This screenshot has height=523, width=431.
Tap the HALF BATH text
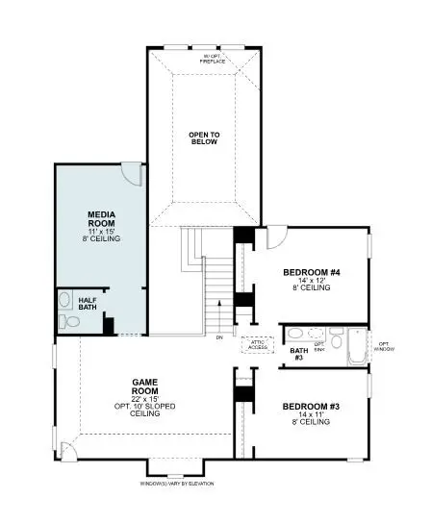pyautogui.click(x=87, y=304)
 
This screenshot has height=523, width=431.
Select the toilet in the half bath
pyautogui.click(x=64, y=322)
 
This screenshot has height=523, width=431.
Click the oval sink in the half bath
pyautogui.click(x=63, y=297)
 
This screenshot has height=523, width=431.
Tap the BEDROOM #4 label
pyautogui.click(x=310, y=272)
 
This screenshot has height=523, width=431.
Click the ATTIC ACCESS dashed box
pyautogui.click(x=258, y=344)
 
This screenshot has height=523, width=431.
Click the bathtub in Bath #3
pyautogui.click(x=357, y=347)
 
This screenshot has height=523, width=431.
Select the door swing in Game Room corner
pyautogui.click(x=68, y=450)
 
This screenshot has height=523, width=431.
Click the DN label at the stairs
pyautogui.click(x=219, y=337)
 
